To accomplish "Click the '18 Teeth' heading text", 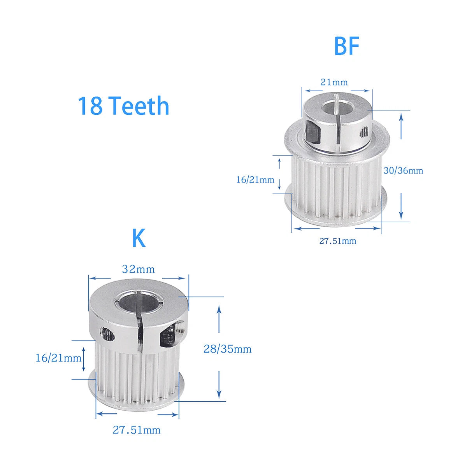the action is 123,106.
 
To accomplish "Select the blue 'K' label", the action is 139,238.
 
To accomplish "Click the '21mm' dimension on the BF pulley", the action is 334,83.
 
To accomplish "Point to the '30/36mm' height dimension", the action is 403,170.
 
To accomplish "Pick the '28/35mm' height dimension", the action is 227,349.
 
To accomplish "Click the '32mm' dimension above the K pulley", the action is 138,269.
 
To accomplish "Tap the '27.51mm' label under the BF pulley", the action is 337,241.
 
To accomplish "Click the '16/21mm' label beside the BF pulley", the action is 255,179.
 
